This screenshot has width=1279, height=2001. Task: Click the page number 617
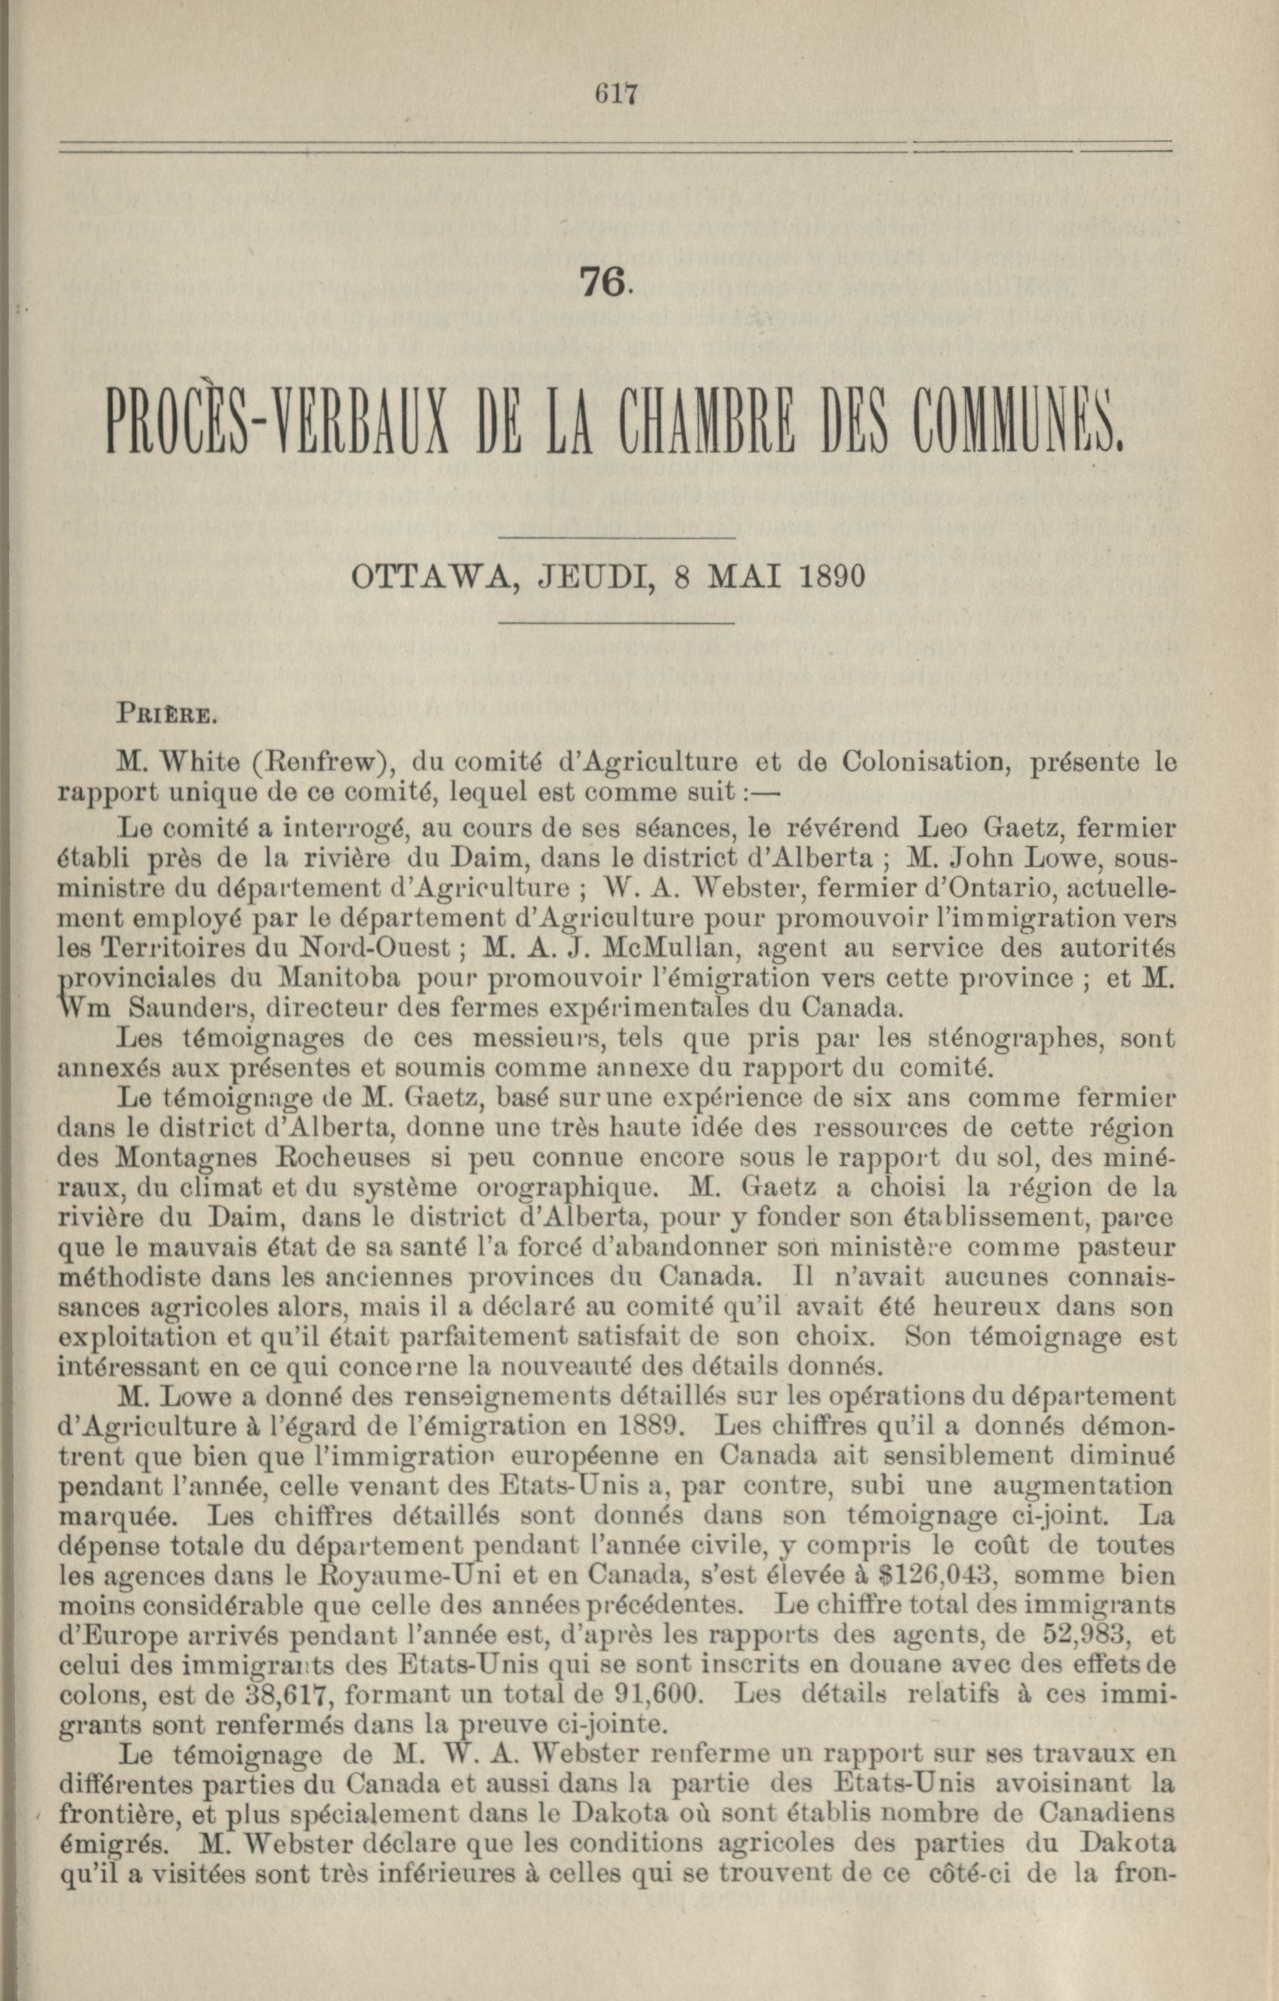click(x=615, y=94)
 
